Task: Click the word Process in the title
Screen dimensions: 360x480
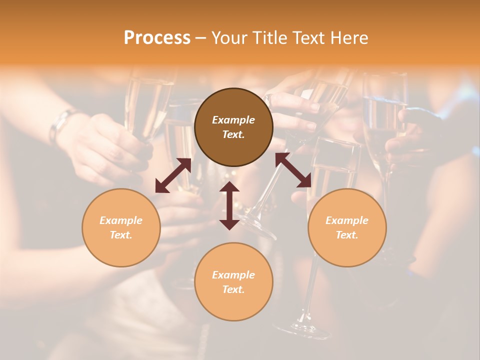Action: pyautogui.click(x=157, y=38)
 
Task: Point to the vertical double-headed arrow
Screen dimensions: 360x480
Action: pyautogui.click(x=229, y=205)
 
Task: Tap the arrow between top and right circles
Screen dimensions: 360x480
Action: pyautogui.click(x=293, y=170)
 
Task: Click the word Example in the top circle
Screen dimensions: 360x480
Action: pyautogui.click(x=233, y=120)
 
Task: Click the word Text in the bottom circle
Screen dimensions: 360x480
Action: pyautogui.click(x=233, y=289)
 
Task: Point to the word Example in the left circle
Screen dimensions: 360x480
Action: pyautogui.click(x=121, y=220)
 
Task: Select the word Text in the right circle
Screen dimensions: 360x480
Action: pyautogui.click(x=346, y=235)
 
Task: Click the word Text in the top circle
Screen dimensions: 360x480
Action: pyautogui.click(x=233, y=135)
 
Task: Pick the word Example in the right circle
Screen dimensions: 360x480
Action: pyautogui.click(x=347, y=220)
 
